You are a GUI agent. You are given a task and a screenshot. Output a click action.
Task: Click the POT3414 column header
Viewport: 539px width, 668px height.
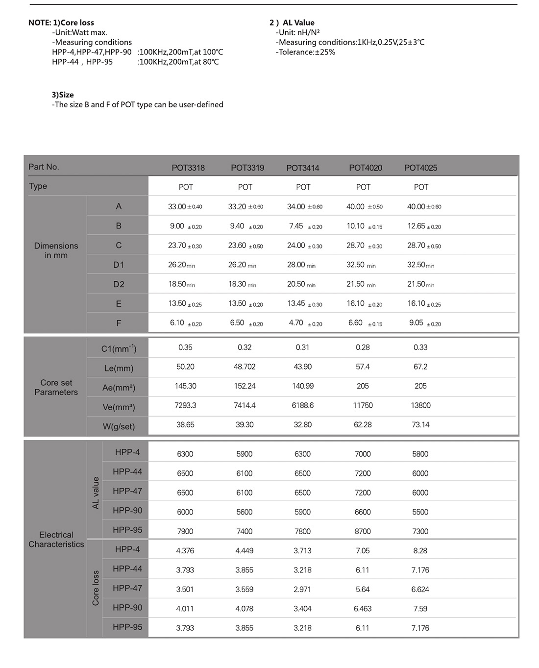click(302, 168)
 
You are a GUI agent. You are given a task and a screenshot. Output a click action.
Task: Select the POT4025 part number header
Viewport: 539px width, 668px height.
click(420, 168)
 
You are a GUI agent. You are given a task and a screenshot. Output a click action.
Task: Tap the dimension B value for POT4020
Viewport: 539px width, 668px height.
click(356, 226)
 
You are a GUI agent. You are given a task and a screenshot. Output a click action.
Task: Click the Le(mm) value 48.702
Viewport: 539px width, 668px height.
click(245, 367)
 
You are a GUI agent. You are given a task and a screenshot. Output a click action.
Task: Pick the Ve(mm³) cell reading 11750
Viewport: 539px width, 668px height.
click(363, 405)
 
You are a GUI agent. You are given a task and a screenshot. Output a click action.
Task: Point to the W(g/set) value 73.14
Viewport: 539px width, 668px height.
click(420, 424)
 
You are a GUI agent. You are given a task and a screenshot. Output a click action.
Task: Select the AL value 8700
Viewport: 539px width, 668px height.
click(363, 531)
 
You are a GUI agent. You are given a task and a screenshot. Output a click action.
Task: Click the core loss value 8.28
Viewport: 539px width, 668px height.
click(420, 550)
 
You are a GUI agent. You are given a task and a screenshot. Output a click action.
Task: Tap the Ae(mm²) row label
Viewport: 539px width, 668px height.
click(119, 388)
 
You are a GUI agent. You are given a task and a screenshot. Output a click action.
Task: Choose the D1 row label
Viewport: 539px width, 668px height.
click(119, 265)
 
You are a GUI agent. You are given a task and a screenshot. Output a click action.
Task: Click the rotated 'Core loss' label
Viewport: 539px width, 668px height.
click(96, 588)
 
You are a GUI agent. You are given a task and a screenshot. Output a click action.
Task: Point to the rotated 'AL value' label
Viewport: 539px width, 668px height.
click(96, 493)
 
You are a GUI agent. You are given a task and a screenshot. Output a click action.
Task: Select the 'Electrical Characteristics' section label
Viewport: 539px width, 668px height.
click(56, 539)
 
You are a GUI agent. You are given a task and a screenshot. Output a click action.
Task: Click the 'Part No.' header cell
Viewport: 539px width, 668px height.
click(44, 167)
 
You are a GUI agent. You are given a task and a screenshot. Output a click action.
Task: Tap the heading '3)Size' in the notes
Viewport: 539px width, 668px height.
click(63, 95)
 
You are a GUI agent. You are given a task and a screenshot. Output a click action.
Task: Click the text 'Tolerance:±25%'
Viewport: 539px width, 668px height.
click(306, 52)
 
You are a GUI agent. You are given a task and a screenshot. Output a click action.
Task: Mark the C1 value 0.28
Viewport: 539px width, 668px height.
click(363, 347)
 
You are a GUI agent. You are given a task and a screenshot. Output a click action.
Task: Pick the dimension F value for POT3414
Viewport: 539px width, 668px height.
click(296, 322)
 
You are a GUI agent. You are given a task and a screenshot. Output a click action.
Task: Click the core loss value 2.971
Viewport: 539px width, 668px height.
click(302, 589)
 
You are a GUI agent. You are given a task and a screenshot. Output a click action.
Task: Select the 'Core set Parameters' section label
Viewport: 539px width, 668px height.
click(56, 387)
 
